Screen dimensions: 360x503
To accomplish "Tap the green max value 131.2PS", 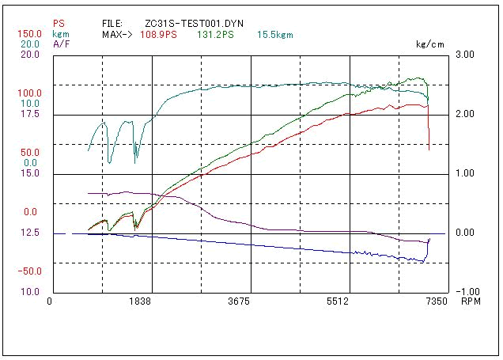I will point(215,36).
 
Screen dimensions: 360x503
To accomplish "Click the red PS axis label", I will point(58,24).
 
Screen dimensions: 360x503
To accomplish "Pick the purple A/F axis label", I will point(60,44).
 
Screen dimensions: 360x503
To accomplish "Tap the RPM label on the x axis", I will point(471,301).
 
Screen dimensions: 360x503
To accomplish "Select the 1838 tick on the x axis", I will point(142,301).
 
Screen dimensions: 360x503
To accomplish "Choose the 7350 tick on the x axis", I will point(436,301).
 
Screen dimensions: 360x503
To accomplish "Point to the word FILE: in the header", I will point(113,25).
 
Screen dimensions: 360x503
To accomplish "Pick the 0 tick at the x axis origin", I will point(49,301).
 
